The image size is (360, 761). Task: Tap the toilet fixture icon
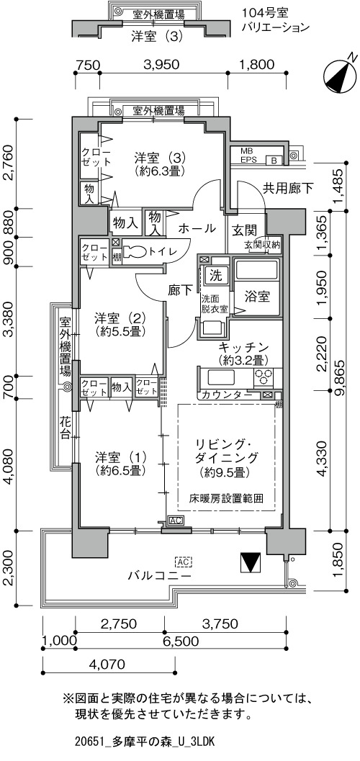[135, 251]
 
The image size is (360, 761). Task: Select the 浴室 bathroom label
[256, 297]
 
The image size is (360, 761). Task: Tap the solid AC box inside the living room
[175, 521]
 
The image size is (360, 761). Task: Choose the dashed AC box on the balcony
[183, 562]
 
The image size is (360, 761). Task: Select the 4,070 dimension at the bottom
[108, 664]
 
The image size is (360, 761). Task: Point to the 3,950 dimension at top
[161, 65]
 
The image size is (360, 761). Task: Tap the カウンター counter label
[226, 395]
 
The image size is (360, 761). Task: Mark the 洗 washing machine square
[215, 276]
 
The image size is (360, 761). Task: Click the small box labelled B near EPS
[274, 160]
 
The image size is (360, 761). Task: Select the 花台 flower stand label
[65, 427]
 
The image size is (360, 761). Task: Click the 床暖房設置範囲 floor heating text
[226, 498]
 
